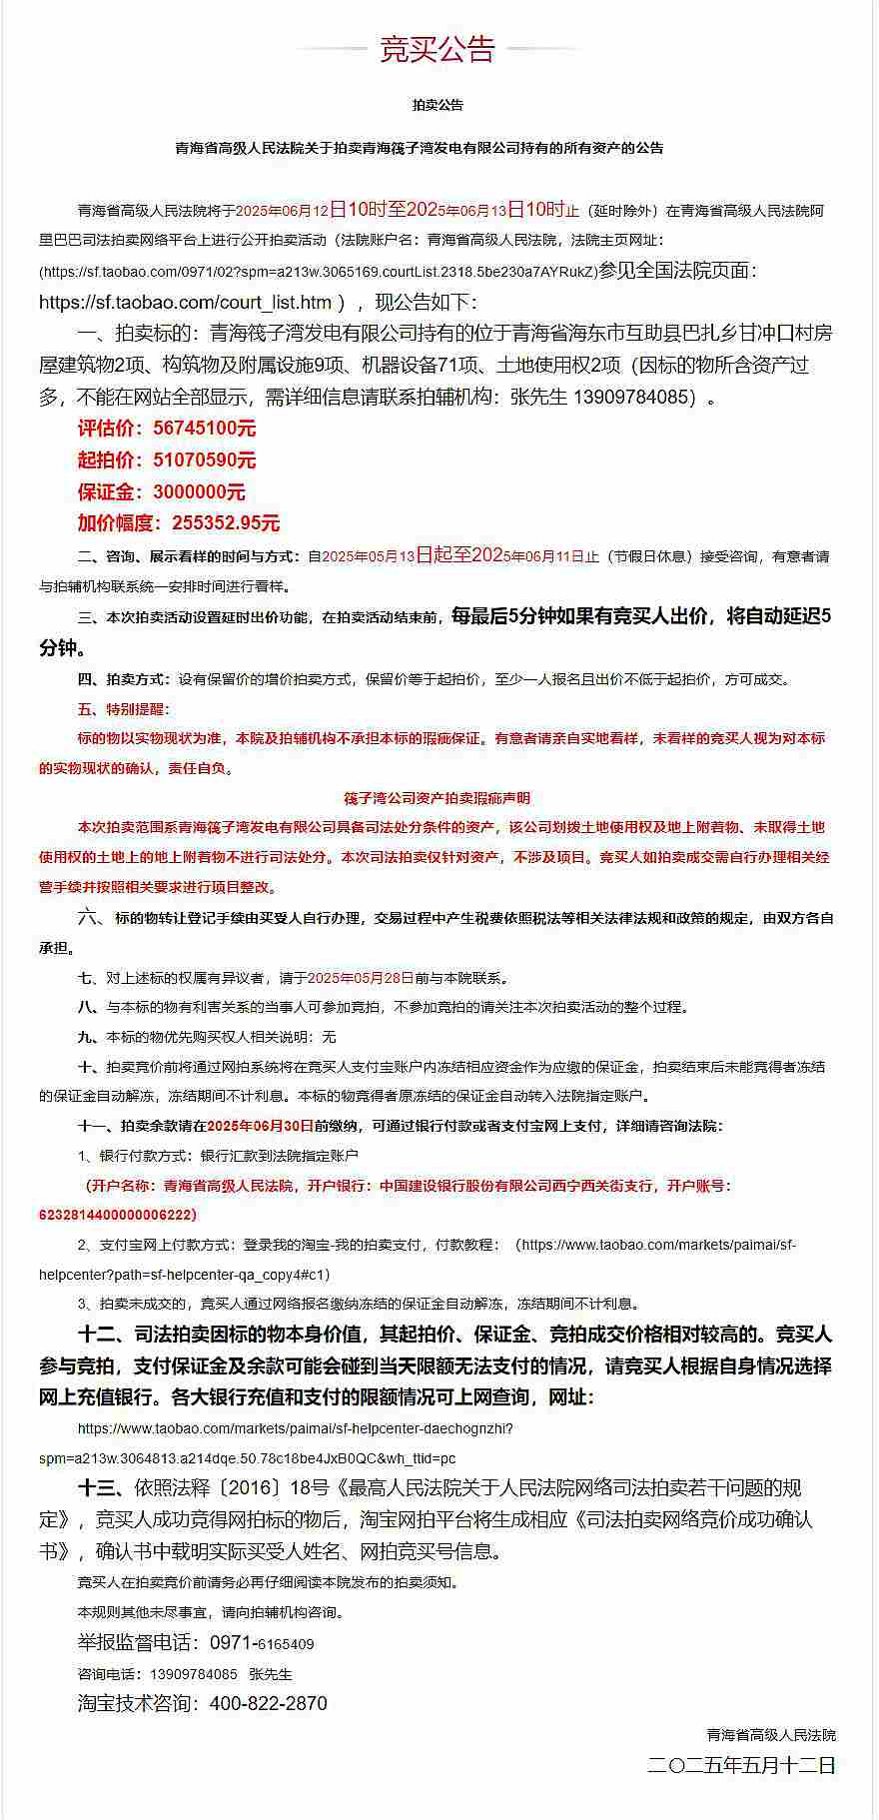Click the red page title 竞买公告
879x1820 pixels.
438,49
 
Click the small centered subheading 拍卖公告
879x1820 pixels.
438,105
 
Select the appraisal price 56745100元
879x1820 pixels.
205,429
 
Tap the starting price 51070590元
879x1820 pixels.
205,460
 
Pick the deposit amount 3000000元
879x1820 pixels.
199,492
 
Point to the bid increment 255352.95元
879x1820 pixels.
226,523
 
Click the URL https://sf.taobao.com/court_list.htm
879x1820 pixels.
185,302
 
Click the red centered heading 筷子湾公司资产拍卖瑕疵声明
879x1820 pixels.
438,798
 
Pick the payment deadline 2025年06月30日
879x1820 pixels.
261,1126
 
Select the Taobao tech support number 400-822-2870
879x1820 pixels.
269,1704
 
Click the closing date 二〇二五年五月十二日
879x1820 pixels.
741,1765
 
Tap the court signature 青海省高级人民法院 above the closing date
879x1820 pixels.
771,1735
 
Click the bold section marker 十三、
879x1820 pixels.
100,1488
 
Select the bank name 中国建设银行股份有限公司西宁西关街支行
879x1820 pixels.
516,1186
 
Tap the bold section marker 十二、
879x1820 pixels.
100,1335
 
